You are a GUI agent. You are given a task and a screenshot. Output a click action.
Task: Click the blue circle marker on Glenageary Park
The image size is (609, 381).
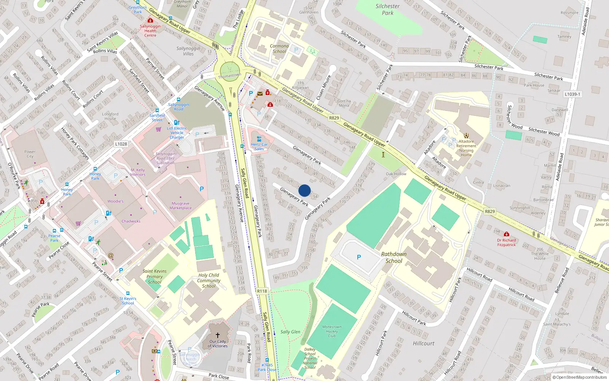304,190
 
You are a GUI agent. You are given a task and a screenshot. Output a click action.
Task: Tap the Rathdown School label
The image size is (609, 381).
394,258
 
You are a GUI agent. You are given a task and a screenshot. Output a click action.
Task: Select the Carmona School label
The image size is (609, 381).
279,49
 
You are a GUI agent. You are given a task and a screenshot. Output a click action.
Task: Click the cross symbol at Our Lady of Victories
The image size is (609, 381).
218,335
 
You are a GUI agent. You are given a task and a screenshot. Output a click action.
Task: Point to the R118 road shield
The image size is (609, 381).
262,291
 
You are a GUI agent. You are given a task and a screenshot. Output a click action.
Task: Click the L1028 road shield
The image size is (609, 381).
121,144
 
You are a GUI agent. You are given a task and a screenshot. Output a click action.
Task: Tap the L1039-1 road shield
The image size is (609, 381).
572,94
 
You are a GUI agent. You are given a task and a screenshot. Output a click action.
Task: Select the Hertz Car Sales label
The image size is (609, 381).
259,147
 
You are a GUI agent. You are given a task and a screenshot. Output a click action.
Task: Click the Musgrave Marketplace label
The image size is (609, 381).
180,206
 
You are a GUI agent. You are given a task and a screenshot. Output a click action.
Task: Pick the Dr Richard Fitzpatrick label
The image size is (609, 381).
507,242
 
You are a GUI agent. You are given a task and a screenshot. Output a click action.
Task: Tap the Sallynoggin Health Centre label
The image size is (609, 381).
150,31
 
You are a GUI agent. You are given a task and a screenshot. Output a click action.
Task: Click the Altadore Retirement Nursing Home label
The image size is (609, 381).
466,148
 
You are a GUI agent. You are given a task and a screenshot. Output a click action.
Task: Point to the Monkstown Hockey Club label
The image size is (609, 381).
332,331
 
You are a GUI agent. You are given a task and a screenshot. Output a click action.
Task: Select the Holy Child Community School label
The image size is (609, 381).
209,280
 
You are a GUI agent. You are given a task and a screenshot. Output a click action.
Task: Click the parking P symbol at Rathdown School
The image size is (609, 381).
359,258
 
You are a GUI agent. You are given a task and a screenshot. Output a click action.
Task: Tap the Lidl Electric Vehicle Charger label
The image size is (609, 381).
177,133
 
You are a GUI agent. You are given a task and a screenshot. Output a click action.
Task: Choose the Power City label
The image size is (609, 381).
30,154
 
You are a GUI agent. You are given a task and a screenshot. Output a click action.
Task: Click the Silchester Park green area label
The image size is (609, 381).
387,10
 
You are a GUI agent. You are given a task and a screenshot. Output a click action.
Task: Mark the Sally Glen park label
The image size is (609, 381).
290,332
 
